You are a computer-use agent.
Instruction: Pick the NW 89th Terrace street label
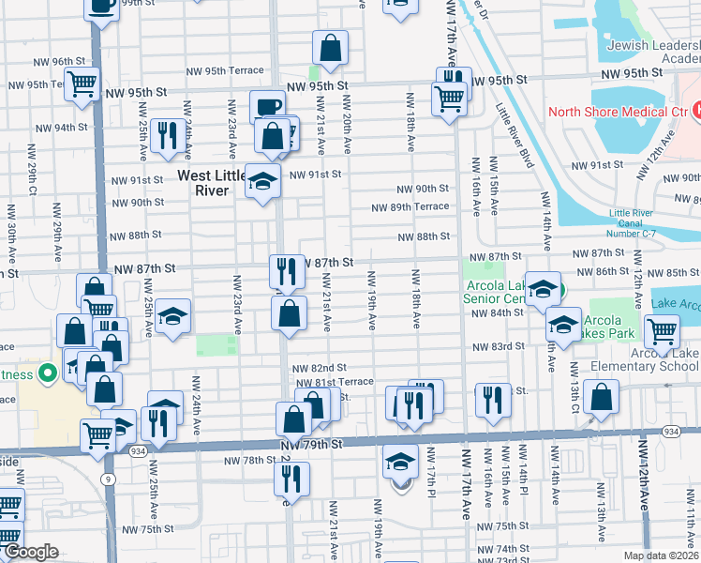coord(410,207)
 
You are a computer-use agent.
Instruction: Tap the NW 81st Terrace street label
coord(335,382)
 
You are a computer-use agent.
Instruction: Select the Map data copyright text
coord(661,555)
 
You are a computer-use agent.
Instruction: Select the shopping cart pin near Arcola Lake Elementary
coord(663,329)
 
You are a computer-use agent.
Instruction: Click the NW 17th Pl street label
coord(432,475)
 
